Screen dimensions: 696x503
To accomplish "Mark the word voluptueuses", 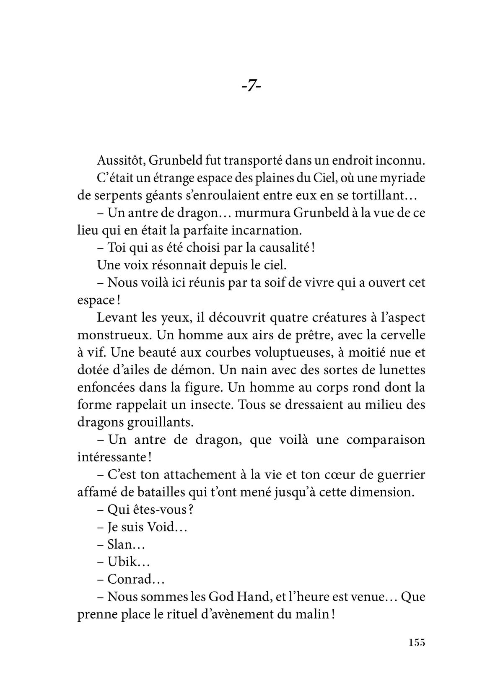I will click(280, 352).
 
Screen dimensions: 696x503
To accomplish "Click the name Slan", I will click(119, 544).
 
